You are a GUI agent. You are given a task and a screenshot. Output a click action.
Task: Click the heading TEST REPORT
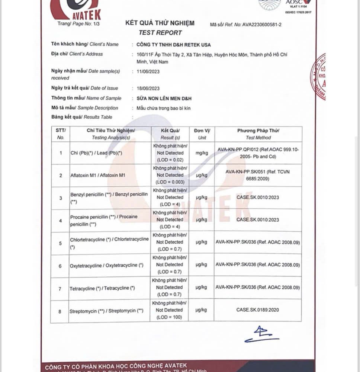[x=160, y=33]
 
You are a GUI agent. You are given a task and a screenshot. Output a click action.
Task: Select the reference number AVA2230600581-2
[x=262, y=25]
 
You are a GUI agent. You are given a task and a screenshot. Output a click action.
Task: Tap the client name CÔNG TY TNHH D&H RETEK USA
[x=173, y=44]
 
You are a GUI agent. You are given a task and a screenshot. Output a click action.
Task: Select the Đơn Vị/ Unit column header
[x=202, y=134]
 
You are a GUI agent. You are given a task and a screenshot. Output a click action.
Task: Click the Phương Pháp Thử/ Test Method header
[x=258, y=134]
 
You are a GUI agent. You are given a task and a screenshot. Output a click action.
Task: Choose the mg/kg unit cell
[x=202, y=153]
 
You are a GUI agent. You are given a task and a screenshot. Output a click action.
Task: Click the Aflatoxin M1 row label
[x=97, y=175]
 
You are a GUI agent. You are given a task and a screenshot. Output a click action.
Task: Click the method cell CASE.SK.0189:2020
[x=258, y=310]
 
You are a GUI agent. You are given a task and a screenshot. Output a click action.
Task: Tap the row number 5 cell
[x=61, y=243]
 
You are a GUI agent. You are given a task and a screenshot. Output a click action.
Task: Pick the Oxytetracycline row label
[x=107, y=266]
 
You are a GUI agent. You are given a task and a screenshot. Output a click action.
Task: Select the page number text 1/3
[x=96, y=24]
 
